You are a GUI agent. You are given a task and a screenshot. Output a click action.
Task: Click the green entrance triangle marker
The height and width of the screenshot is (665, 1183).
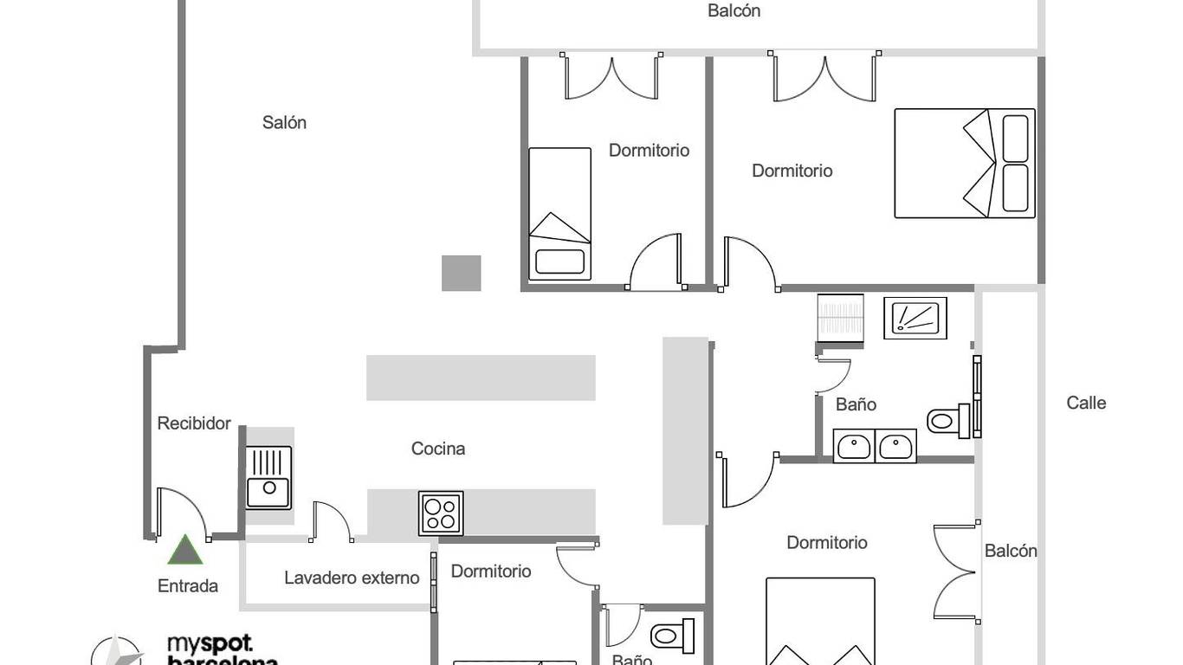(x=184, y=551)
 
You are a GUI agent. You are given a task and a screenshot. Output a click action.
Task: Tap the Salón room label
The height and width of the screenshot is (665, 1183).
(x=284, y=123)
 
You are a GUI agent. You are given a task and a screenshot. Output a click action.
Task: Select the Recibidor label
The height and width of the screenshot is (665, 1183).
(x=194, y=423)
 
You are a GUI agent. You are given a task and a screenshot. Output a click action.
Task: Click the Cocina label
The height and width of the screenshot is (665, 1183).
(x=438, y=449)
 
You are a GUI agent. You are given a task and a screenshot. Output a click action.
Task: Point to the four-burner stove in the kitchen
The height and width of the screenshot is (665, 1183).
(x=441, y=513)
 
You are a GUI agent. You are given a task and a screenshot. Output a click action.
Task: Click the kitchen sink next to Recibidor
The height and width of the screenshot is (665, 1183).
(x=269, y=477)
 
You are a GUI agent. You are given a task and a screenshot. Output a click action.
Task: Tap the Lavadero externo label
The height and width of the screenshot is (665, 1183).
(x=352, y=578)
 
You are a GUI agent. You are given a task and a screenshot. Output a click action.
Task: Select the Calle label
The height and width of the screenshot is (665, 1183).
(x=1086, y=403)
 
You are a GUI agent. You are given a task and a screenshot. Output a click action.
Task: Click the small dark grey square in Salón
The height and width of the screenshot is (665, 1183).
(x=461, y=273)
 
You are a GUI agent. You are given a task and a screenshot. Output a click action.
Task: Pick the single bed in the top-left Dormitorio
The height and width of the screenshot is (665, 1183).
(x=559, y=214)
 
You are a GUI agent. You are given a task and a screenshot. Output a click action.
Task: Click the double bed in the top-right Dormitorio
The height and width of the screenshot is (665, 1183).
(x=965, y=163)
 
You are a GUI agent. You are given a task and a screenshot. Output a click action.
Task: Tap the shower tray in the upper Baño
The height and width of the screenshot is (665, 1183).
(x=915, y=318)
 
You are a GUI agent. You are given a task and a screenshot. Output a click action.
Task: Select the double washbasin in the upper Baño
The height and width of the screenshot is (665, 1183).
(x=875, y=446)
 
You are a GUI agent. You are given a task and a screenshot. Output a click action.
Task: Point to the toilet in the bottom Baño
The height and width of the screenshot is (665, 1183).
(x=673, y=636)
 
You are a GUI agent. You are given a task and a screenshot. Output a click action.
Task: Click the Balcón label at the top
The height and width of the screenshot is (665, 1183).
(x=734, y=11)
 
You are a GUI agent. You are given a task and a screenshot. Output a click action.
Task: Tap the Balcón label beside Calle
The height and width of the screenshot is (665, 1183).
(x=1011, y=551)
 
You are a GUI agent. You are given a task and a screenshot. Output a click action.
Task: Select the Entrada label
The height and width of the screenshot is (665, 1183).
(x=188, y=586)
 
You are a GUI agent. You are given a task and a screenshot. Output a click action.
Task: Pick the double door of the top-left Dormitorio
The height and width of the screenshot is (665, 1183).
(x=611, y=78)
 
